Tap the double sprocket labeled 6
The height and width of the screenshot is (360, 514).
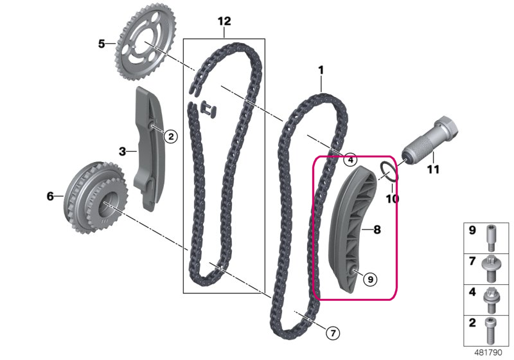tap(95, 197)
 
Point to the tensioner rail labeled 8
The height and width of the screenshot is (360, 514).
tap(352, 230)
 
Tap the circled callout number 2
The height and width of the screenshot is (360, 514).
tap(171, 136)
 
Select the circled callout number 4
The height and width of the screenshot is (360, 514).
tap(350, 159)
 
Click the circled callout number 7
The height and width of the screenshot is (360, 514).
tap(333, 334)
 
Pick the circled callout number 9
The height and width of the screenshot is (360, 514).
tap(371, 280)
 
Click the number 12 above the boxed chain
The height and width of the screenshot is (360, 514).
tap(224, 21)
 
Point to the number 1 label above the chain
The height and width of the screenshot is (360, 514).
tap(321, 70)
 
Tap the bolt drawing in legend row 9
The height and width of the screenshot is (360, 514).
tap(491, 238)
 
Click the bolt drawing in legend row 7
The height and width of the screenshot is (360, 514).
tap(491, 269)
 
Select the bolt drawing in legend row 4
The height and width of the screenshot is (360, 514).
tap(491, 300)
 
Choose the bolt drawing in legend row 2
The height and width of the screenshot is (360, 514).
tap(491, 331)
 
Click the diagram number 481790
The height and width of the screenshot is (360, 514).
tap(488, 353)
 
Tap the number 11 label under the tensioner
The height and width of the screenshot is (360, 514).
tap(432, 170)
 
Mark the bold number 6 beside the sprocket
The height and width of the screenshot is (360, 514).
tap(50, 197)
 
